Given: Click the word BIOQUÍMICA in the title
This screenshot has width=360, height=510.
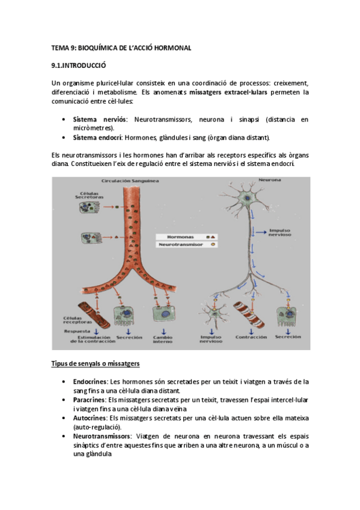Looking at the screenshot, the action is point(103,48).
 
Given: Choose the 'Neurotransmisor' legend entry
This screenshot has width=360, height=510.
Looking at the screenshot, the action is point(181,245).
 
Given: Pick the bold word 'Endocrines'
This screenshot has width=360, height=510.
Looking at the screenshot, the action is point(90,382).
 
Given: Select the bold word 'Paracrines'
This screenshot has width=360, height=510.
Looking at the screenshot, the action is point(90,399).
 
